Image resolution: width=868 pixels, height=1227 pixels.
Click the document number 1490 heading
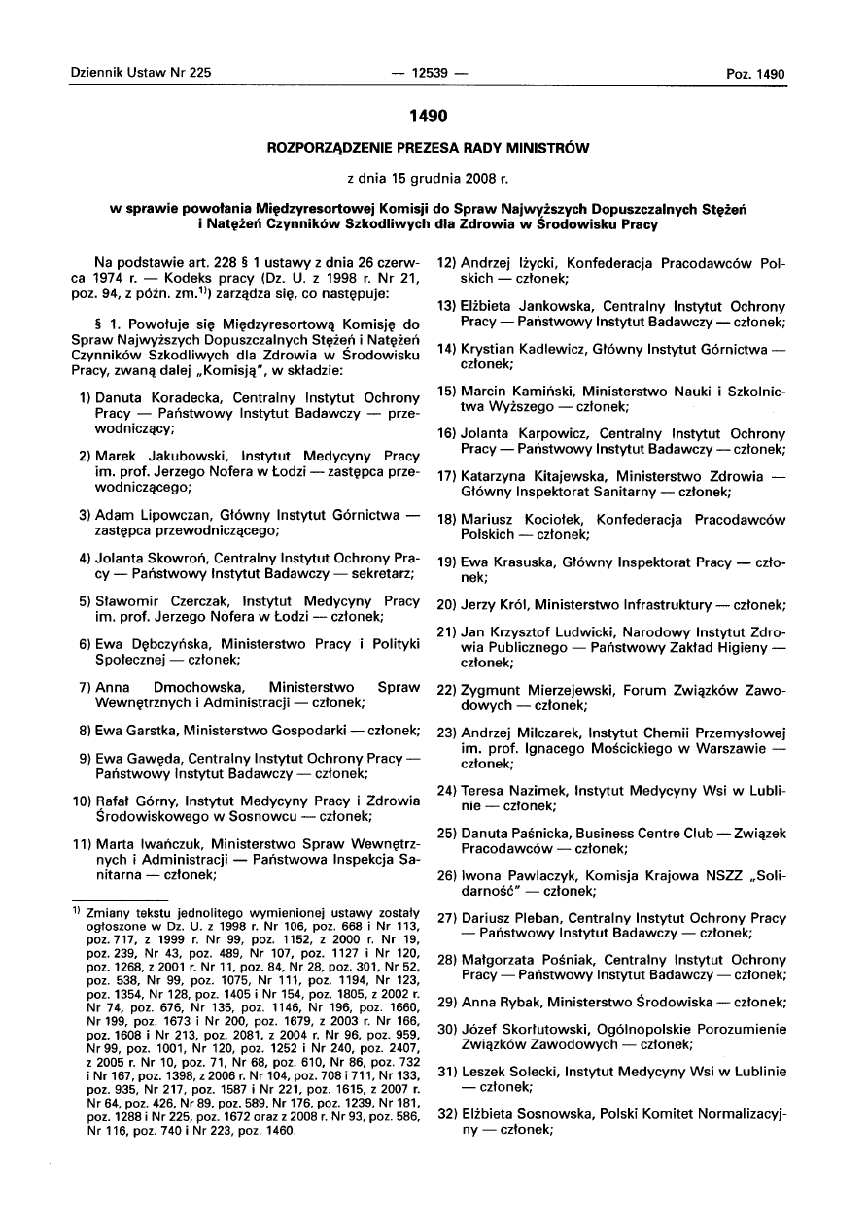pyautogui.click(x=428, y=117)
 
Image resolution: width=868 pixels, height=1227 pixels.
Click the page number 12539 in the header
pyautogui.click(x=428, y=73)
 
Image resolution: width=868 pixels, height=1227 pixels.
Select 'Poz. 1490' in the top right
pyautogui.click(x=755, y=74)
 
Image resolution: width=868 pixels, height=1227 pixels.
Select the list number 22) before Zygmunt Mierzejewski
pyautogui.click(x=446, y=689)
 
